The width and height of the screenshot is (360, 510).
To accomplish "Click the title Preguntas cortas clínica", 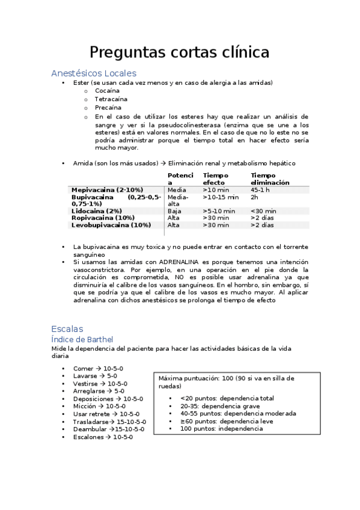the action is point(179,52).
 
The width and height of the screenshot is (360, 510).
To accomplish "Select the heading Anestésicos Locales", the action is point(93,73).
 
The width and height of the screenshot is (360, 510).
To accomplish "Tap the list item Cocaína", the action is point(107,90).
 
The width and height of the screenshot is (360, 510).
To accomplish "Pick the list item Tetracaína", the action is point(111,99).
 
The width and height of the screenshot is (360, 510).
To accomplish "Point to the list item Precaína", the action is point(108,108).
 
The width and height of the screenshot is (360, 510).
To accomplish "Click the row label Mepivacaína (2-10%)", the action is point(107,189).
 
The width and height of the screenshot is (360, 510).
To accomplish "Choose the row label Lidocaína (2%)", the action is point(97,211).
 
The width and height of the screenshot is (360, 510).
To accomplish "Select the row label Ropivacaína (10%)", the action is point(103,218).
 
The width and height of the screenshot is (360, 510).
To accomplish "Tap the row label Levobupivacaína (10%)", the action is point(111,225).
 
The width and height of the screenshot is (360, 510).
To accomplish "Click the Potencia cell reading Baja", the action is point(174,211).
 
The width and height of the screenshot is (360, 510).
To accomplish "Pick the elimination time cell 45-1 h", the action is point(260,189).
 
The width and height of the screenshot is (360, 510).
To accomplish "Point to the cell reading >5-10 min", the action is point(219,211).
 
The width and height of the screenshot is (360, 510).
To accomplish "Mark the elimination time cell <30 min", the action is point(263,211).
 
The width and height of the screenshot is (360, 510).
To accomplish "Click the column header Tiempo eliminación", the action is point(270,179).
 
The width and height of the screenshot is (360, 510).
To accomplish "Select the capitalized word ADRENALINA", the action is point(185,262).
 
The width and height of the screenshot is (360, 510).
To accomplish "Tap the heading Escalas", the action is point(67,329).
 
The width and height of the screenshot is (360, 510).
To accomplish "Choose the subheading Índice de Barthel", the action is point(82,340).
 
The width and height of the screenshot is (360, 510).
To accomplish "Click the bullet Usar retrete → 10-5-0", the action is point(106,414).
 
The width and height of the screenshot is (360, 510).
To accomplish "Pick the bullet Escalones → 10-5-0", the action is point(103,437).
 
